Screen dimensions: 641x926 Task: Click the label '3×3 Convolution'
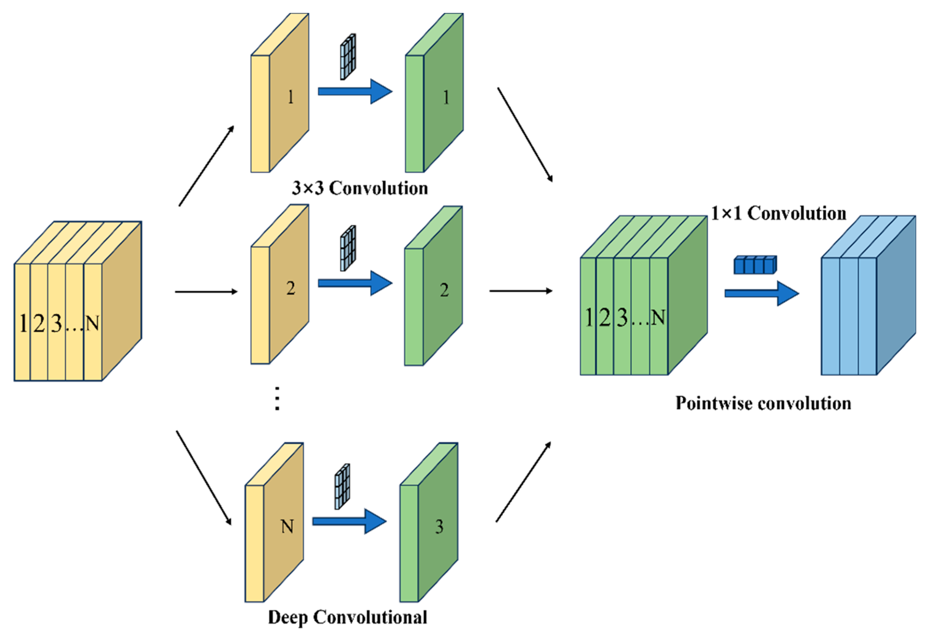pyautogui.click(x=360, y=188)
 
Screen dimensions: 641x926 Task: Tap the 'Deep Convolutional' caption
pyautogui.click(x=347, y=617)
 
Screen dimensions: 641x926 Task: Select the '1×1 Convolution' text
pyautogui.click(x=778, y=213)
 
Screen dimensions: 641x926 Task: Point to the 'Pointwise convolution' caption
pyautogui.click(x=763, y=403)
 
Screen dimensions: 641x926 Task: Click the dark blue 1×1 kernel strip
pyautogui.click(x=755, y=265)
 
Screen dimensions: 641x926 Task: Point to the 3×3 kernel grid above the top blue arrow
pyautogui.click(x=348, y=57)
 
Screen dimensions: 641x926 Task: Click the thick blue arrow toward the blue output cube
pyautogui.click(x=761, y=293)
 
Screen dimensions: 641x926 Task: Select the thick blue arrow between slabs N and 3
pyautogui.click(x=349, y=521)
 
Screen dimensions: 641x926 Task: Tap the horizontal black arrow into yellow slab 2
pyautogui.click(x=206, y=292)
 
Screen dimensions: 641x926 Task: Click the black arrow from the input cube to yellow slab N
pyautogui.click(x=204, y=478)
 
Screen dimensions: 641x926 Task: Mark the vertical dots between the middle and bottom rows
pyautogui.click(x=277, y=398)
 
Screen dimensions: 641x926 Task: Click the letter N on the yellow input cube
pyautogui.click(x=93, y=323)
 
